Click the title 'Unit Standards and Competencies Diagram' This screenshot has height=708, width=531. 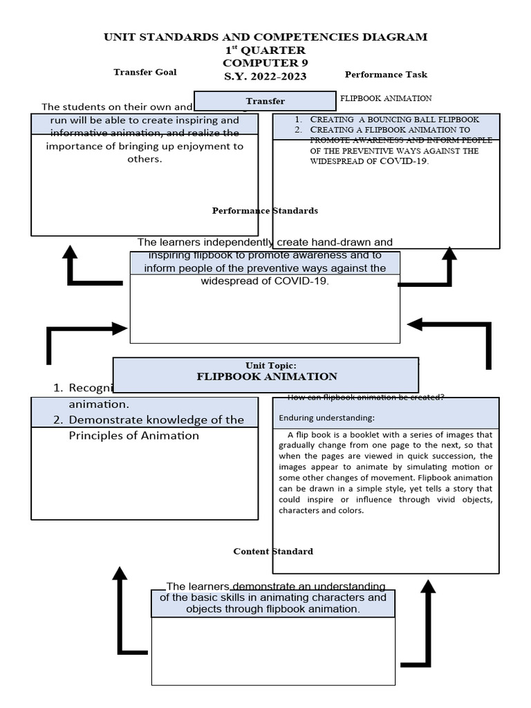(265, 37)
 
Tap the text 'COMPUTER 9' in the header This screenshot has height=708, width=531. (265, 63)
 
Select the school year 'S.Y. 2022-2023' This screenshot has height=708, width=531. (265, 76)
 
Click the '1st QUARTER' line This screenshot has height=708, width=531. (265, 50)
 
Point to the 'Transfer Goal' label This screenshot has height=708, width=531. (145, 72)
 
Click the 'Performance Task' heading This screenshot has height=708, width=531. (386, 75)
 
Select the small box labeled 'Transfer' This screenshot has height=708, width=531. (265, 101)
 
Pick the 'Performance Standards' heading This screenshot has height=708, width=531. (265, 210)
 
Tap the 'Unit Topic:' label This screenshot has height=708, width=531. (265, 365)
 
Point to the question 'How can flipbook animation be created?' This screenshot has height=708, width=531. (366, 397)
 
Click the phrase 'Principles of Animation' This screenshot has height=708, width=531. (134, 436)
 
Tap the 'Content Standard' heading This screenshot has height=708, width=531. (273, 551)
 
